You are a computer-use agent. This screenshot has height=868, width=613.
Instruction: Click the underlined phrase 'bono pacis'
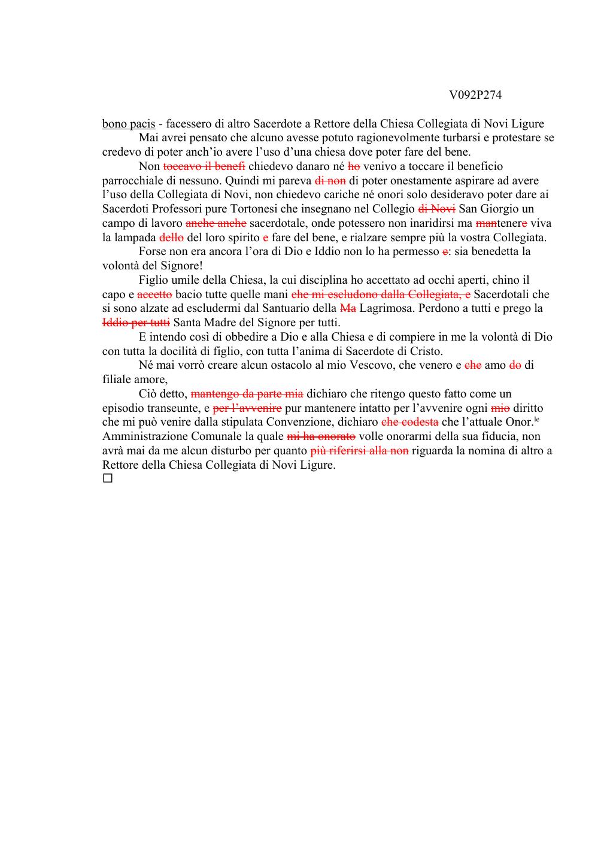129,124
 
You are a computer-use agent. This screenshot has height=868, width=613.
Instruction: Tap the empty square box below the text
108,478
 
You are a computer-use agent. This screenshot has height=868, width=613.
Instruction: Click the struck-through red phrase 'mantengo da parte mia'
247,394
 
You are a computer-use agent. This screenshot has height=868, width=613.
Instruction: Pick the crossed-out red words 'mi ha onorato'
321,436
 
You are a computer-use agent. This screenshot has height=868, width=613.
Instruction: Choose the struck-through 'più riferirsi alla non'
360,451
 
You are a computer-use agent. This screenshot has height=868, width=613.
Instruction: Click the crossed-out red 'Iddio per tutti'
136,323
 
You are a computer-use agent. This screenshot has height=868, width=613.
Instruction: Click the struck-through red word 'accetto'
155,295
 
